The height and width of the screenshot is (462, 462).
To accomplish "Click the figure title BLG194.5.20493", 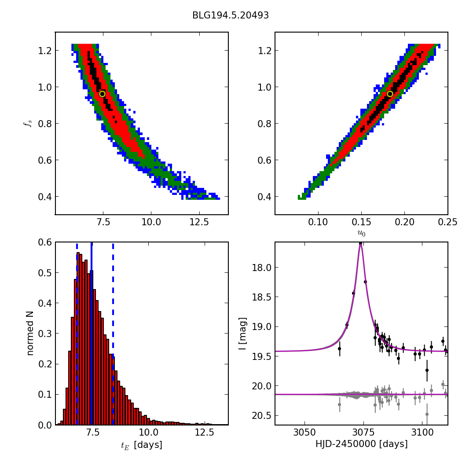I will tap(231, 15).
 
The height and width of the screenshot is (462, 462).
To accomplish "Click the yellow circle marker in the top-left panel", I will tap(102, 94).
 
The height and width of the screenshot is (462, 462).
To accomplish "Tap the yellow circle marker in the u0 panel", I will tap(390, 94).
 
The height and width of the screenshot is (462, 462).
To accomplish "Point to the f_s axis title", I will tap(27, 124).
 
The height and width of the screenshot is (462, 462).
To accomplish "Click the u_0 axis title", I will tap(361, 233).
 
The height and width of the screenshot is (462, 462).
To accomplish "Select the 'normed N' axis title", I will tap(30, 333).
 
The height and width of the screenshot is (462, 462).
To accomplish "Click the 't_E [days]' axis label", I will tap(142, 445).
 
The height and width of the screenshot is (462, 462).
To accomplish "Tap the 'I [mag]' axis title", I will tap(242, 333).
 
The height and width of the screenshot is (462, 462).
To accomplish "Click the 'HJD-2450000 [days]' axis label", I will tap(361, 444).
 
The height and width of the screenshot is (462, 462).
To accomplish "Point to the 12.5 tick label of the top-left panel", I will tap(199, 224).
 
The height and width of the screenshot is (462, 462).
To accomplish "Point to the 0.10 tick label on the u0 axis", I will tap(318, 224).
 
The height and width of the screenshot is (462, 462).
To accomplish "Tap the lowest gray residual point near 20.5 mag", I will tap(427, 414).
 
